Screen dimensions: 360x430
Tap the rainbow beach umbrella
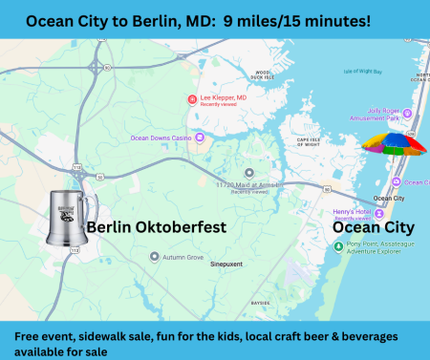(393, 145)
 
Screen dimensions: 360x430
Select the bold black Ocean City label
(373, 228)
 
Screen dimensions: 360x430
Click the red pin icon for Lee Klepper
(192, 98)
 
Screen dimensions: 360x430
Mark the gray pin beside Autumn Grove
(155, 256)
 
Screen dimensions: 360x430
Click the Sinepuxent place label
(228, 270)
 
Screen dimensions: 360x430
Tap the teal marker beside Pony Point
(335, 245)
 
